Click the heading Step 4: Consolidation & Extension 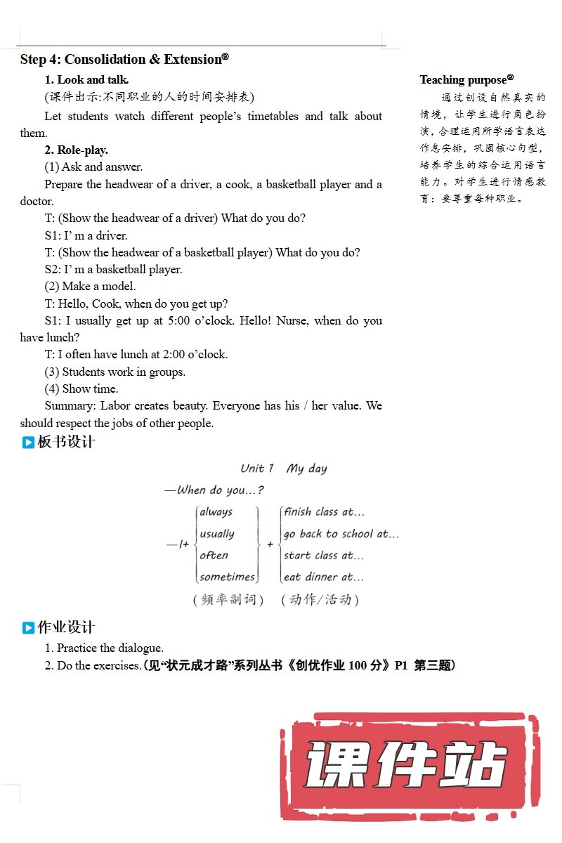[124, 60]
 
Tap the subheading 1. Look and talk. [86, 80]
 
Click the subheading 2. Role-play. [77, 150]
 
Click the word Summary [69, 406]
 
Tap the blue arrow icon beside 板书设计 [28, 443]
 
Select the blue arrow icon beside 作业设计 [28, 628]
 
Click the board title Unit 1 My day [283, 469]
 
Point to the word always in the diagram [216, 512]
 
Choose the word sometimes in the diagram [227, 577]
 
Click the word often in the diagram [214, 556]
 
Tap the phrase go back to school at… [341, 534]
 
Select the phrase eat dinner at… [324, 577]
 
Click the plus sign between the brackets [270, 544]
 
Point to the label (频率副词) [228, 600]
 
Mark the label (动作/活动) [320, 600]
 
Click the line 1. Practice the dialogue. [104, 648]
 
